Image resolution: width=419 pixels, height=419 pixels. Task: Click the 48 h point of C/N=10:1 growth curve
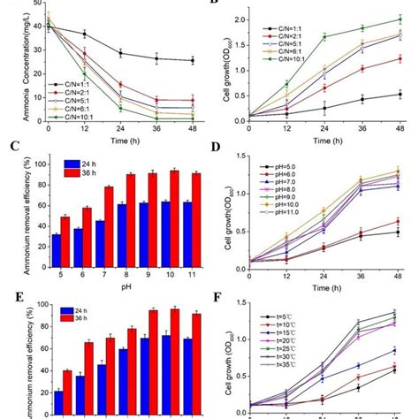pos(404,19)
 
